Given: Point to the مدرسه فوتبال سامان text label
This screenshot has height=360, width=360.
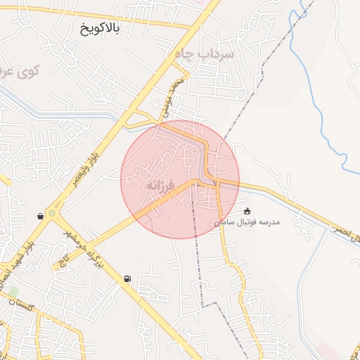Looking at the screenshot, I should (x=247, y=222).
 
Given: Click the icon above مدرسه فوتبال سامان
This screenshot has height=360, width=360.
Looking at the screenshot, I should (x=247, y=210).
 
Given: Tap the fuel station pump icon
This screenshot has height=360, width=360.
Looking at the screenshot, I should (x=127, y=278).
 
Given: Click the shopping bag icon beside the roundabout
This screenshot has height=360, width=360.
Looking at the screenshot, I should (x=41, y=215).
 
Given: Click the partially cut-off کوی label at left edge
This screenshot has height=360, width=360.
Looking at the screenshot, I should (x=21, y=71).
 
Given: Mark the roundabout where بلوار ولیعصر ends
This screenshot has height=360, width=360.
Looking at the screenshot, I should (x=53, y=210).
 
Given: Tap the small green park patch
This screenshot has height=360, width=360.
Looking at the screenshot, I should (x=13, y=290).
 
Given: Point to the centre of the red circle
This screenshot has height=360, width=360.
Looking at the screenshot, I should (x=180, y=179).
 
